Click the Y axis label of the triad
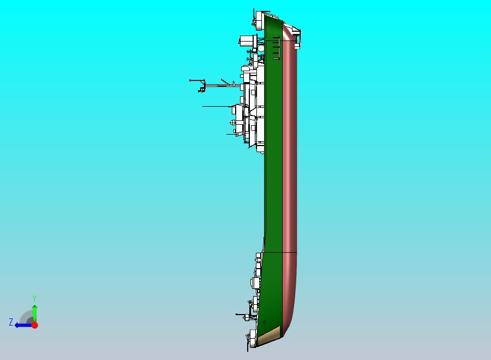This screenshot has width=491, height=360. click(x=34, y=298)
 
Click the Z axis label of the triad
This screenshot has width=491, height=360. click(x=10, y=322)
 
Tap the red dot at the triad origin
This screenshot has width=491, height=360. click(x=34, y=325)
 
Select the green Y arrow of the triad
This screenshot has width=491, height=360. click(x=34, y=311)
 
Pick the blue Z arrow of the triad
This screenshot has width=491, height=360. click(x=22, y=325)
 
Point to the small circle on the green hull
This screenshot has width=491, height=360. click(x=265, y=322)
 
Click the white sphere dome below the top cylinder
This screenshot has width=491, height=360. click(x=261, y=48)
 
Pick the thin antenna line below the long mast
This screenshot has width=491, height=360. click(x=216, y=106)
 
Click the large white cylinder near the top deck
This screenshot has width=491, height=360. click(x=249, y=40)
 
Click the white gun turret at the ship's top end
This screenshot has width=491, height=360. click(x=260, y=18)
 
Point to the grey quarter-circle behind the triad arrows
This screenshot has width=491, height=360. click(x=26, y=317)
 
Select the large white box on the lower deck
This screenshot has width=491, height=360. click(x=255, y=283)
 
